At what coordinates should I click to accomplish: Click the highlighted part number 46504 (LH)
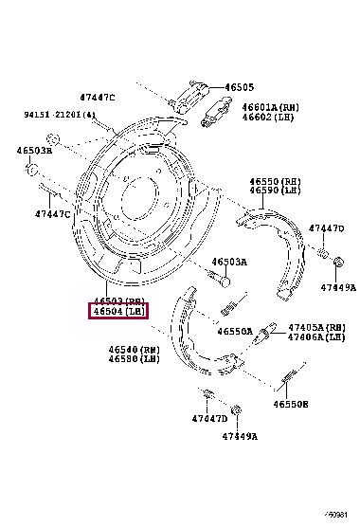tap(117, 310)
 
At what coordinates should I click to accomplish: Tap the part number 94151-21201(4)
tap(60, 115)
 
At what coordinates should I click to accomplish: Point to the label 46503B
tap(33, 150)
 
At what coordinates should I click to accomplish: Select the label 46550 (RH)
tap(275, 181)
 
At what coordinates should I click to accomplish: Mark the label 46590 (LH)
tap(275, 191)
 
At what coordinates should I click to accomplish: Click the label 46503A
tap(228, 262)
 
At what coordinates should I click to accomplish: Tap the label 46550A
tap(234, 333)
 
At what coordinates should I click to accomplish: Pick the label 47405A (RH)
tap(316, 327)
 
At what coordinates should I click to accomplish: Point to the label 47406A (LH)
tap(316, 336)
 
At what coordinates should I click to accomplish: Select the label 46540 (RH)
tap(133, 350)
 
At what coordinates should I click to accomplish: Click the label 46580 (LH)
tap(133, 359)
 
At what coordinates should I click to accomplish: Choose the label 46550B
tap(292, 404)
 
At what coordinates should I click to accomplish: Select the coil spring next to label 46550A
tap(227, 308)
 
